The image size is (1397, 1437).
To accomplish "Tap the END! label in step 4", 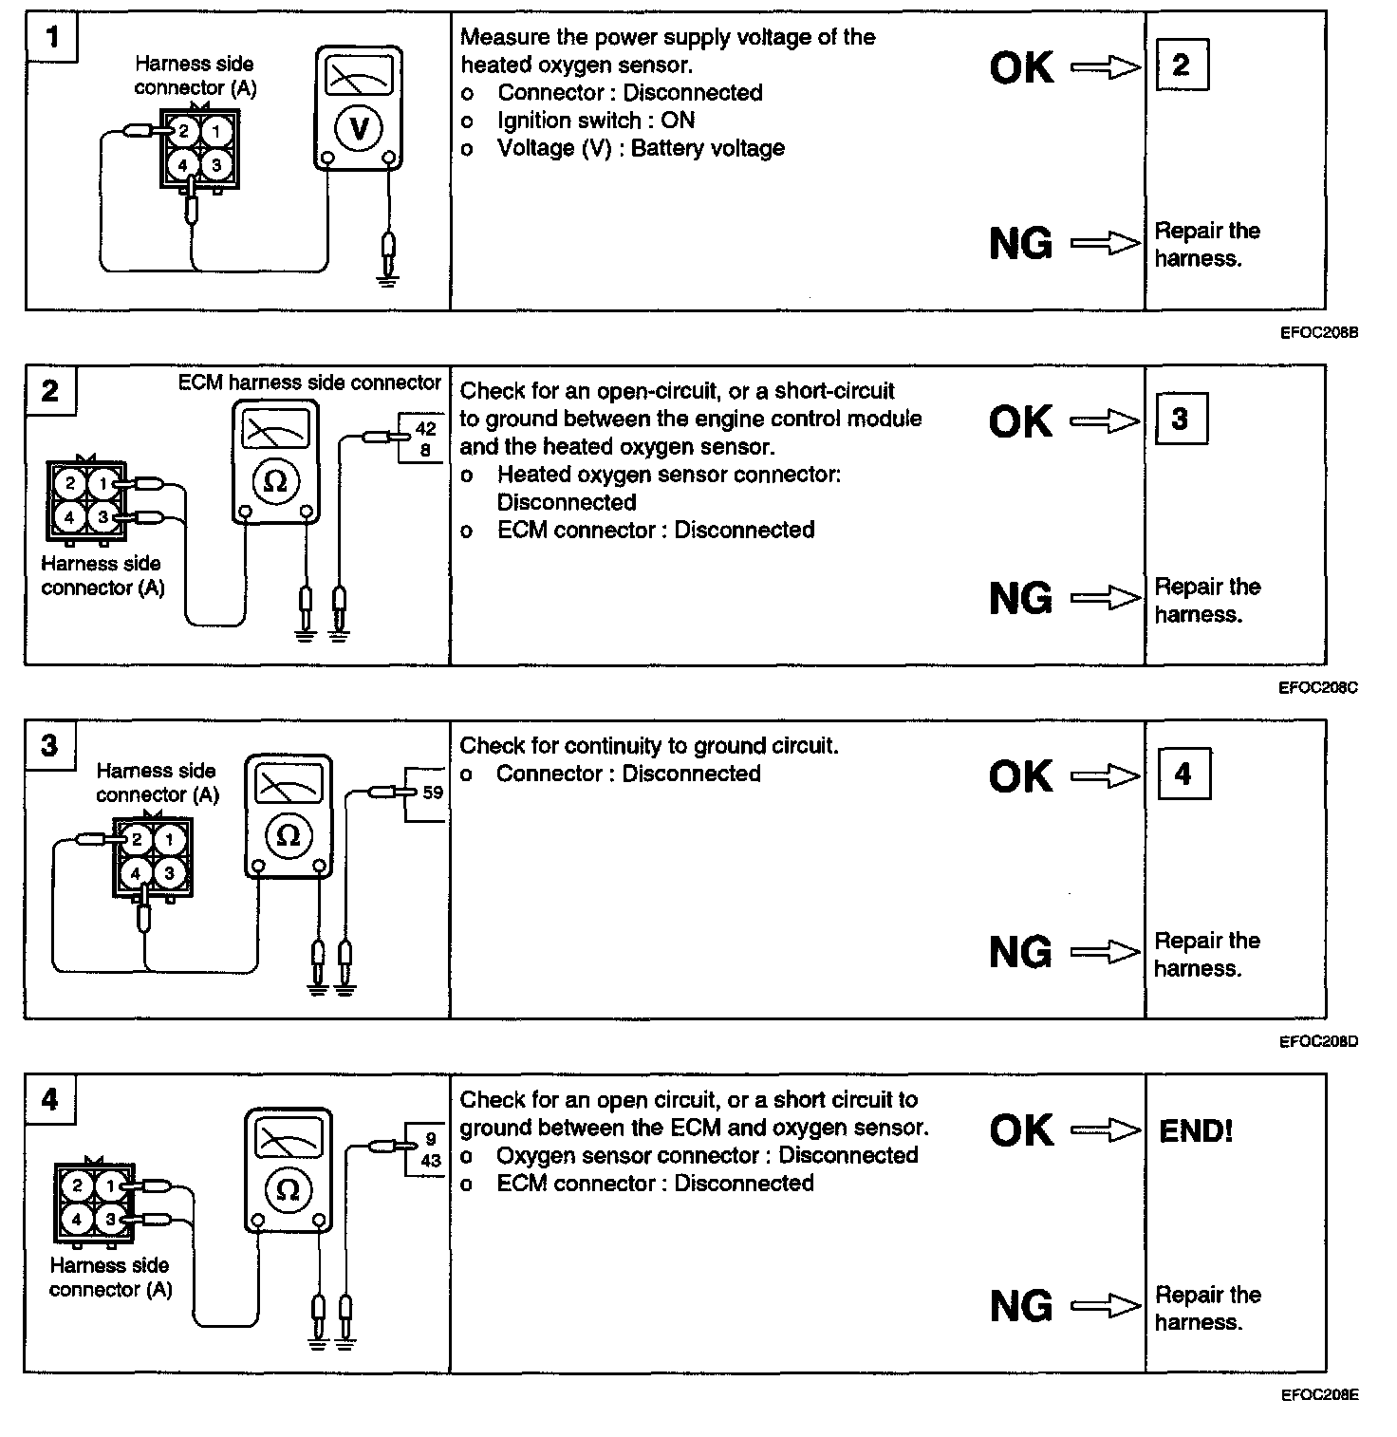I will click(1196, 1130).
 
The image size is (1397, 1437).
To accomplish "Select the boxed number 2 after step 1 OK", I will click(1182, 65).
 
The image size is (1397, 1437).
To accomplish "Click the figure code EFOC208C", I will click(1318, 687).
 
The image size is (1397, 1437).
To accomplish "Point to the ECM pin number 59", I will click(433, 792).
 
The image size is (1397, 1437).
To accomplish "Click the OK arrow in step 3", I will click(1106, 776).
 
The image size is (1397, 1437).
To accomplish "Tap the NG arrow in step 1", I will click(1106, 244).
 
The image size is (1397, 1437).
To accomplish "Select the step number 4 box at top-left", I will click(50, 1100).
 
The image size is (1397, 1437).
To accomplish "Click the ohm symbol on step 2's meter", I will click(274, 481).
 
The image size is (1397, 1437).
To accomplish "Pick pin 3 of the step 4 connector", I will click(111, 1219).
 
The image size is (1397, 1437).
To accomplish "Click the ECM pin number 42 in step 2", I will click(425, 429).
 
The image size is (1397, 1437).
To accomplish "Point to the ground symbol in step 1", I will click(386, 279).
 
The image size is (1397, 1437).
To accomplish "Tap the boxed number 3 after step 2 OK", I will click(1181, 419).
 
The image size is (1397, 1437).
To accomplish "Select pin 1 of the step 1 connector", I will click(216, 131).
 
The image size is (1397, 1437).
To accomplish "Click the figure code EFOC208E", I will click(1319, 1395).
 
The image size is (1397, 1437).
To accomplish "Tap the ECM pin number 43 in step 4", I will click(431, 1160).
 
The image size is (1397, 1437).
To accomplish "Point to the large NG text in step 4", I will click(1021, 1306).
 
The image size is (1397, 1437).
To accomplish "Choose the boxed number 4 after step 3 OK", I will click(1183, 774).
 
